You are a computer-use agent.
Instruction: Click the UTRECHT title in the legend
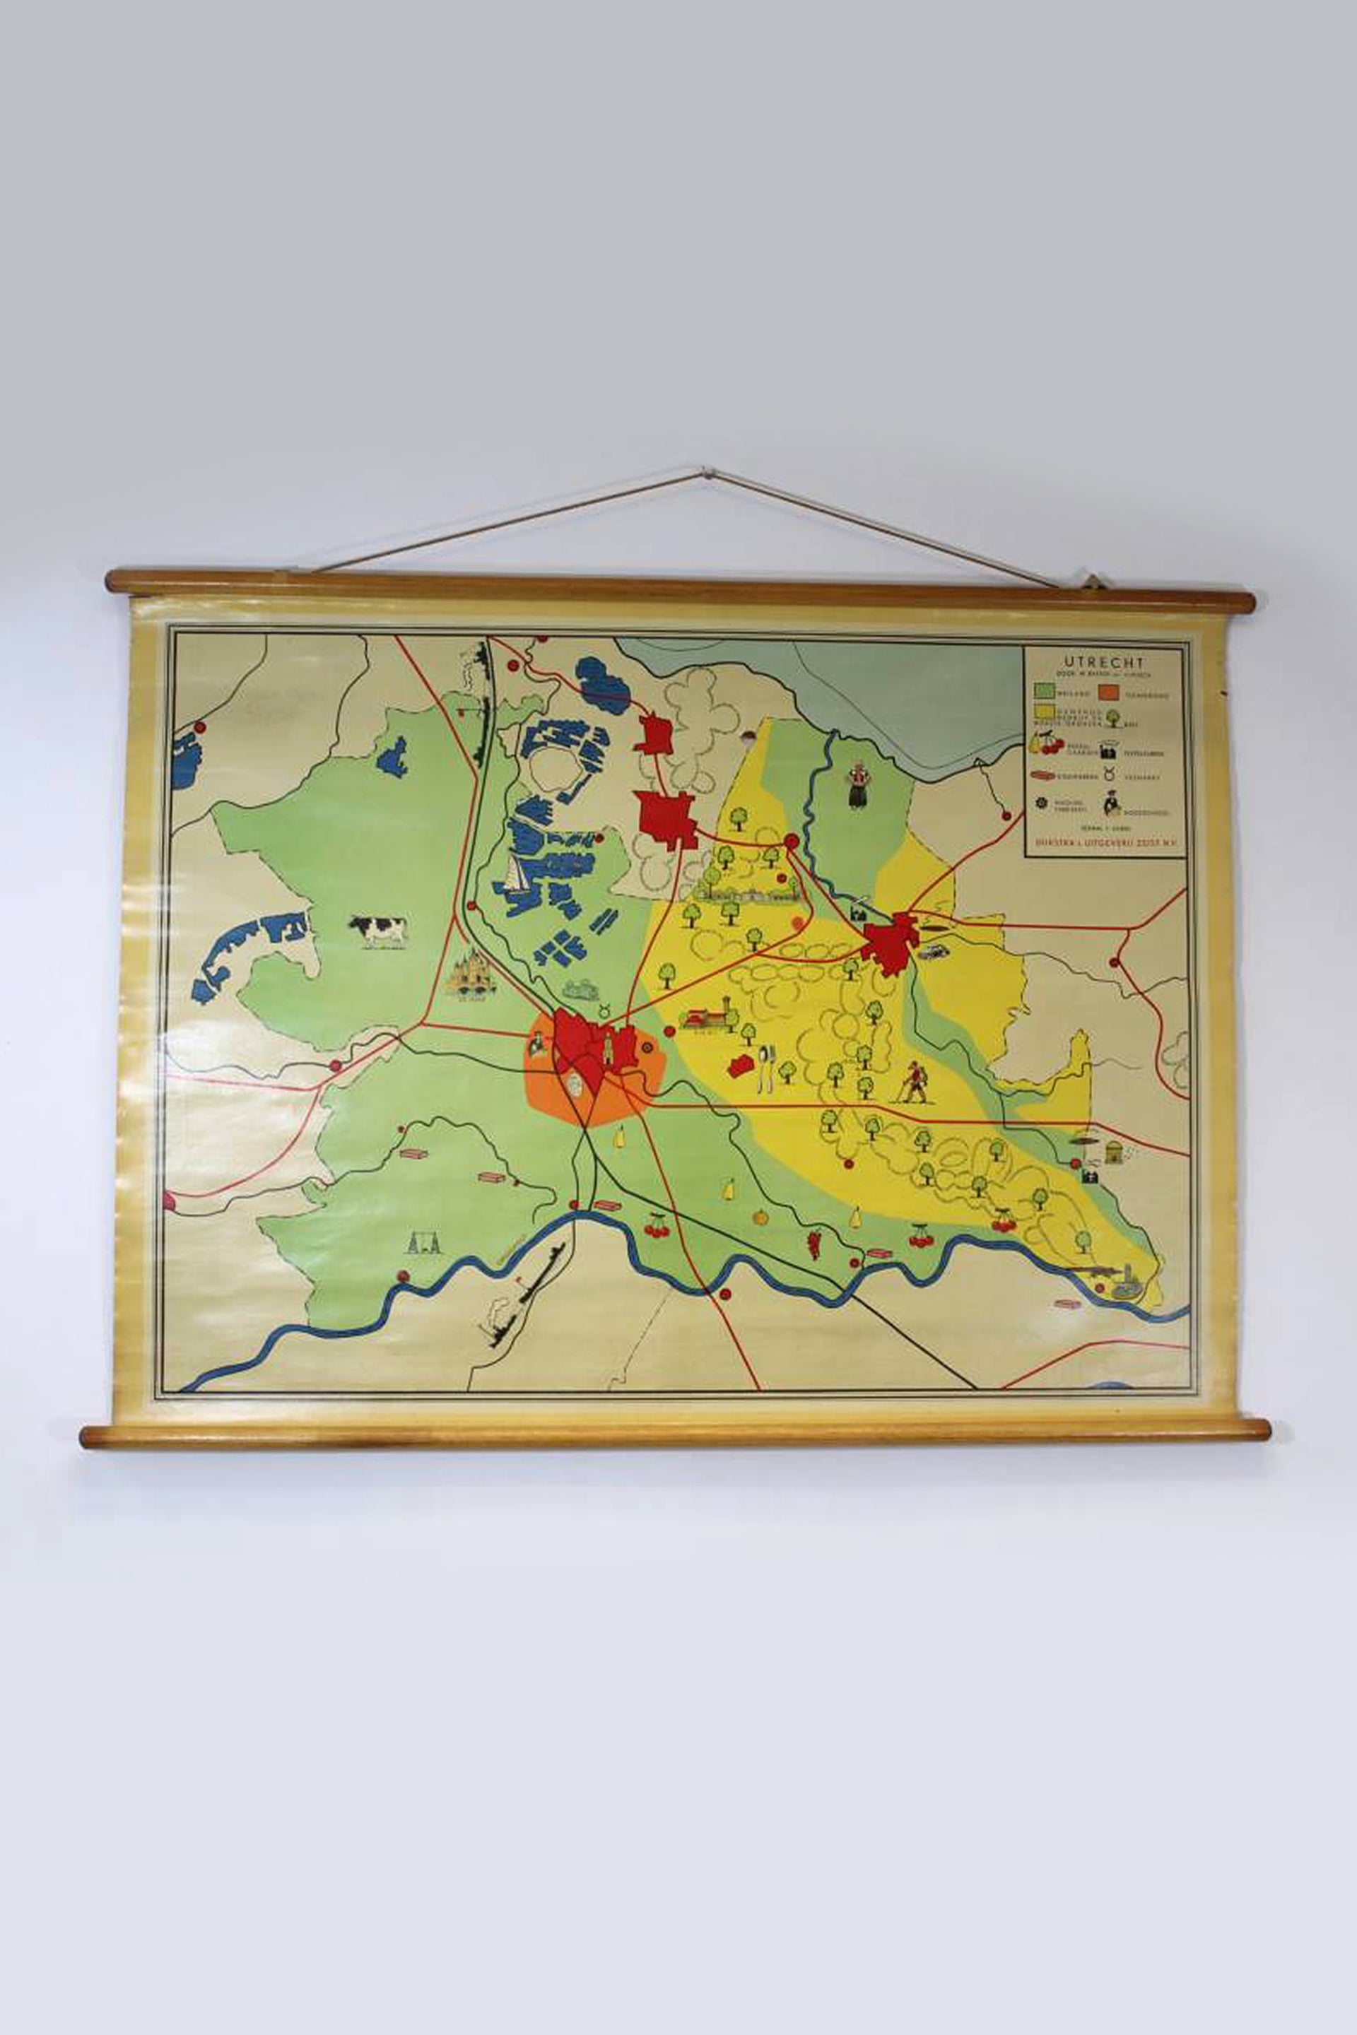1103,663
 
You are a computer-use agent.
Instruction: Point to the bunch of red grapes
813,1244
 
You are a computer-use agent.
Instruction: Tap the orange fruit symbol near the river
760,1217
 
